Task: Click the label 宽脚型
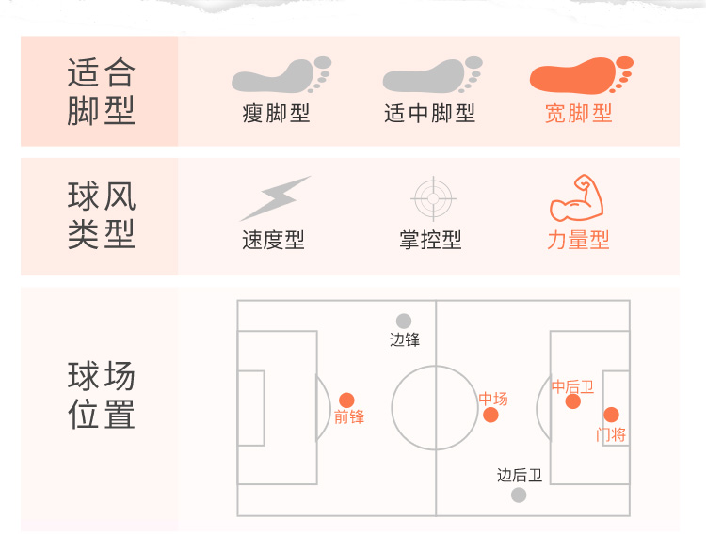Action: (579, 114)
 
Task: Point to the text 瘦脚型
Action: (277, 114)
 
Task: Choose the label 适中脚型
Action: (430, 114)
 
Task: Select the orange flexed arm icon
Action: (576, 197)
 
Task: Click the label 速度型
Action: (273, 241)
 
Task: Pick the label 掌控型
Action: (430, 241)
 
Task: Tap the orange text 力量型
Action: (578, 241)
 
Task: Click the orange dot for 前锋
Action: (346, 400)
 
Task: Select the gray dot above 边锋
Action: (404, 322)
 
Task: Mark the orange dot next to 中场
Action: (490, 415)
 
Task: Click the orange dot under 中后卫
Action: (572, 401)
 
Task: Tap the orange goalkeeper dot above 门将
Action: (611, 415)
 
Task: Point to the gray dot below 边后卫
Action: (519, 495)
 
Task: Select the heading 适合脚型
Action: (101, 91)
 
